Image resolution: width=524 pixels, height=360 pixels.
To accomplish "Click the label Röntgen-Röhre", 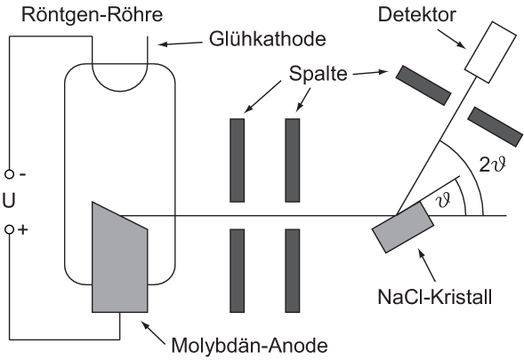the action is [x=92, y=15].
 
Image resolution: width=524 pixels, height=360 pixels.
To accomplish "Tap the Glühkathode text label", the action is [x=268, y=39].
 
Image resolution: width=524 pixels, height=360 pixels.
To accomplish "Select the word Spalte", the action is [x=318, y=74].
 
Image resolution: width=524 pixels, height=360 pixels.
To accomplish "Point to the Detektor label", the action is [x=416, y=14].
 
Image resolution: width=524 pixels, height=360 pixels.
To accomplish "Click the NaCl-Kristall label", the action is [x=434, y=296].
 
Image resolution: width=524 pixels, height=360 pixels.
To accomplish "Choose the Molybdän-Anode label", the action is [x=249, y=346].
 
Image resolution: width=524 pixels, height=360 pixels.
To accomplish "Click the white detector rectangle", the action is [x=490, y=52].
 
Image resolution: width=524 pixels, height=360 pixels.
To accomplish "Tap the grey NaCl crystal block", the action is [x=403, y=227].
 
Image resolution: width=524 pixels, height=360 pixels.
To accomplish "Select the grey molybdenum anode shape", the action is [x=119, y=257].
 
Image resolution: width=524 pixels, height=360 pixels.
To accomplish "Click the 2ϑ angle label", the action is [x=493, y=164].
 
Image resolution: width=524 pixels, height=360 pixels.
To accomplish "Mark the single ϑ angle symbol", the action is [x=444, y=200].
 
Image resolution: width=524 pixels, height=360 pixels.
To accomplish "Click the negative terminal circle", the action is [x=9, y=174].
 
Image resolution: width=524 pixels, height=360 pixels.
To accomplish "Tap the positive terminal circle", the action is [x=9, y=229].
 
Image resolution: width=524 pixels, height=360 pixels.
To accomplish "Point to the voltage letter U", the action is [x=9, y=202].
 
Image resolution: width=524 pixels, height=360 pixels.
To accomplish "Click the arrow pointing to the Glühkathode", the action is [x=181, y=44].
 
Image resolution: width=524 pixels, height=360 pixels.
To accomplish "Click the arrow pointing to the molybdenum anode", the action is [x=153, y=332].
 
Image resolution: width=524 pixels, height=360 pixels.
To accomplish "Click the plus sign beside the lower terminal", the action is [x=23, y=229].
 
